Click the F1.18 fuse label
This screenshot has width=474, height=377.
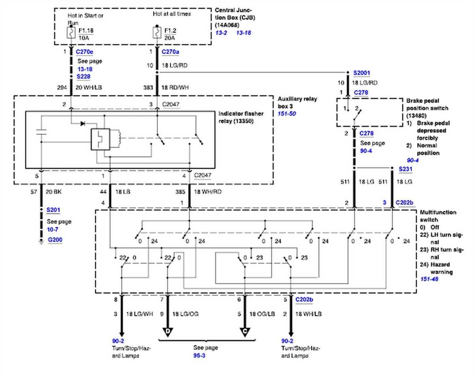click(87, 30)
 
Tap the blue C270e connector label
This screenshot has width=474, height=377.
click(85, 51)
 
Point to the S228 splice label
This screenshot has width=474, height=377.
click(84, 76)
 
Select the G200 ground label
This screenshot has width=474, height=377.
click(55, 239)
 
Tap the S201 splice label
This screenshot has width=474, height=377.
click(53, 210)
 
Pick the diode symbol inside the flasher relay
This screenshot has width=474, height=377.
click(82, 123)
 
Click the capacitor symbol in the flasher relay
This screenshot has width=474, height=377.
click(41, 132)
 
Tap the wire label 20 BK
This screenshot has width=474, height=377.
click(54, 192)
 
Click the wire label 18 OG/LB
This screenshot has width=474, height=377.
click(261, 314)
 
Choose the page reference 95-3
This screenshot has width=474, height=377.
click(199, 355)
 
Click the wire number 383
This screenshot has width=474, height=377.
click(148, 87)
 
